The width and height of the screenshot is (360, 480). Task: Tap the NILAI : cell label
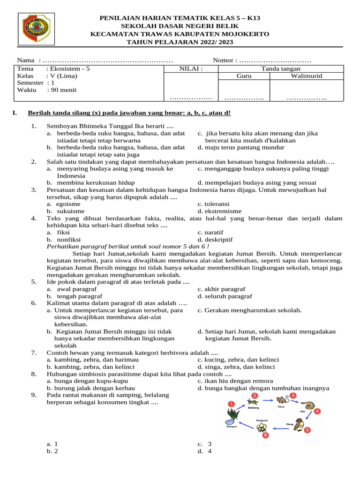[x=191, y=69]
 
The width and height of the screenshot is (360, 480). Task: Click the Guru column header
[x=244, y=76]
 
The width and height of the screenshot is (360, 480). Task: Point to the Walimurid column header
[x=307, y=76]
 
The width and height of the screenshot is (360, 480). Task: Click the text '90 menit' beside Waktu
[x=66, y=90]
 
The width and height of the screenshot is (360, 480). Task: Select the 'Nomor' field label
[x=224, y=61]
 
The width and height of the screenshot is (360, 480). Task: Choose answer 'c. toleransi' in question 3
[x=213, y=204]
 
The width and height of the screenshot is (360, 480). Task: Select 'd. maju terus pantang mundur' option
[x=241, y=148]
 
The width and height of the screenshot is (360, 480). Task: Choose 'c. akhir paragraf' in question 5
[x=221, y=289]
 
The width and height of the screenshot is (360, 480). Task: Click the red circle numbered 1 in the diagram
[x=231, y=404]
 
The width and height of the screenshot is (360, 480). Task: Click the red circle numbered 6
[x=265, y=435]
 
